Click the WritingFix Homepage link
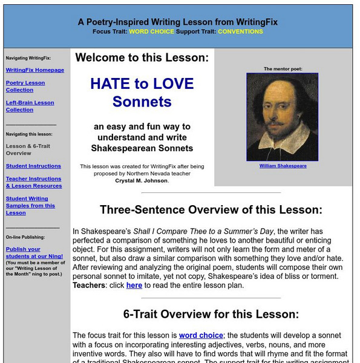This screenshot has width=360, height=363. pyautogui.click(x=34, y=70)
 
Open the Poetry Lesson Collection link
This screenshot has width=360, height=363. pyautogui.click(x=25, y=86)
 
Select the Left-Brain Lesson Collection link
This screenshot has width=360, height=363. pyautogui.click(x=30, y=106)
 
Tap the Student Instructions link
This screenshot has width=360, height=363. pyautogui.click(x=33, y=166)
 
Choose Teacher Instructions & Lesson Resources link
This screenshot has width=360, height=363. pyautogui.click(x=34, y=182)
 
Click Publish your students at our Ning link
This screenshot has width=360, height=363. pyautogui.click(x=23, y=252)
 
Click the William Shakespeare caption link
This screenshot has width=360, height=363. pyautogui.click(x=283, y=166)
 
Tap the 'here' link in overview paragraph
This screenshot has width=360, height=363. pyautogui.click(x=134, y=286)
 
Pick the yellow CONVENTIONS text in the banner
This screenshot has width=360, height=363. pyautogui.click(x=240, y=31)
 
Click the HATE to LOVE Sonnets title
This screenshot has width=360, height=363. pyautogui.click(x=142, y=92)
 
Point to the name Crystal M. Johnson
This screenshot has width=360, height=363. pyautogui.click(x=142, y=180)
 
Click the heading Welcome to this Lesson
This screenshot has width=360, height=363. pyautogui.click(x=142, y=58)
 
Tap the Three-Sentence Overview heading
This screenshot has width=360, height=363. pyautogui.click(x=211, y=211)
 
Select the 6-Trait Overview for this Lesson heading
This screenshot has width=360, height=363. pyautogui.click(x=211, y=314)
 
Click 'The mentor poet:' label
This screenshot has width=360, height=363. pyautogui.click(x=283, y=69)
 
